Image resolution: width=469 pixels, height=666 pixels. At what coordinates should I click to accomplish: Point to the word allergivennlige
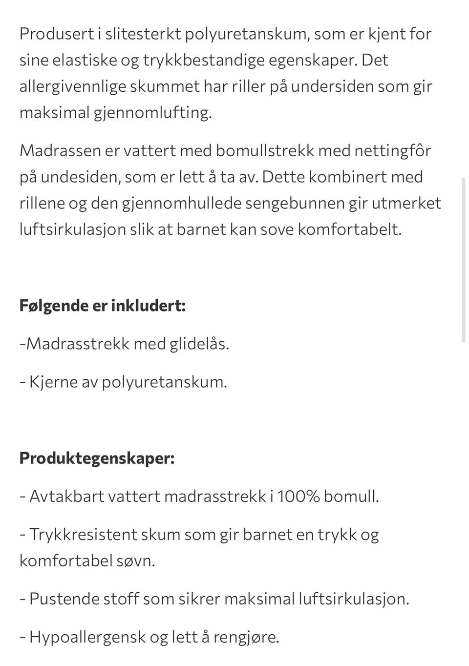coord(72,86)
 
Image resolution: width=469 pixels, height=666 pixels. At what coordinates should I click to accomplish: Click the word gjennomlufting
coord(152,113)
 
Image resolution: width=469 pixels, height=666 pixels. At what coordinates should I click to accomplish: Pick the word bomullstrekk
coord(265,150)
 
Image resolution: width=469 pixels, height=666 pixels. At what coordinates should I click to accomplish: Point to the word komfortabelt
coord(349,229)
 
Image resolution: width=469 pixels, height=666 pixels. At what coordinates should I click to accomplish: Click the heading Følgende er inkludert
coord(103,306)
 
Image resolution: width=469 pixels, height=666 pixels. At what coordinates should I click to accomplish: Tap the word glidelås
coord(199,344)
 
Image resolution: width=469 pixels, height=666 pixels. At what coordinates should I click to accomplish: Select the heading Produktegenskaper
coord(97,458)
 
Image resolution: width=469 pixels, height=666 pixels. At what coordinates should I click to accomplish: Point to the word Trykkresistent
coord(83,534)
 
